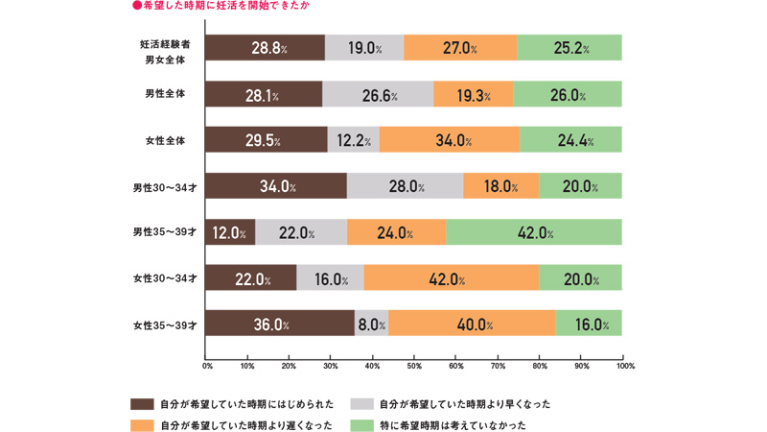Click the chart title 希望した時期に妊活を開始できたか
[x=225, y=6]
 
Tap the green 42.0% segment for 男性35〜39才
[x=534, y=232]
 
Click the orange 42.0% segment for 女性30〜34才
[x=451, y=278]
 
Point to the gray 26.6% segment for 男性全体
[x=378, y=94]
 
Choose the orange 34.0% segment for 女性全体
[x=449, y=140]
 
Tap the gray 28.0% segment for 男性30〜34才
[x=405, y=186]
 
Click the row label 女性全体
[x=165, y=140]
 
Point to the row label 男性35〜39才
[x=165, y=232]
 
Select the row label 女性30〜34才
[x=165, y=278]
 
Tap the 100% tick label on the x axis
[x=625, y=366]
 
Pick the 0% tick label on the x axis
[x=207, y=366]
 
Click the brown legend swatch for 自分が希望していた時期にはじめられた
[x=142, y=404]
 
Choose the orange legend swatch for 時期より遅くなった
[x=142, y=424]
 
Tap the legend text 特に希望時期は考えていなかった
[x=453, y=424]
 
